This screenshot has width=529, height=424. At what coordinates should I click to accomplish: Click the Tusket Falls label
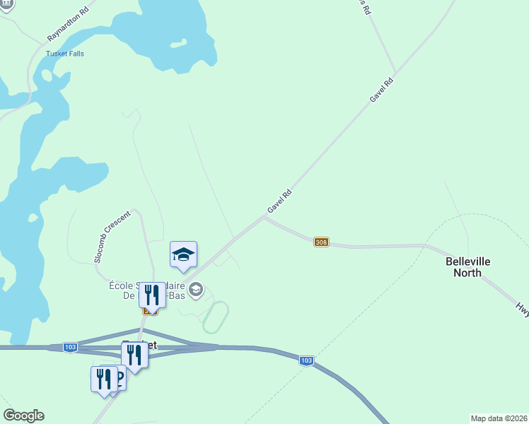tap(65, 54)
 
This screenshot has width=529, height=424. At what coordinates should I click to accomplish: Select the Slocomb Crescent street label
tap(112, 236)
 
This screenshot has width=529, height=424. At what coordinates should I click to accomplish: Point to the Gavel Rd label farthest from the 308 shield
tap(381, 90)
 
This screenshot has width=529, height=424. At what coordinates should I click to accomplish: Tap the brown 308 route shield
tap(322, 242)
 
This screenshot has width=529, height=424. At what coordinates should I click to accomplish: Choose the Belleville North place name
tap(467, 267)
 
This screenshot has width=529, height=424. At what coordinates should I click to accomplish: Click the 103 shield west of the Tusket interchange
tap(70, 348)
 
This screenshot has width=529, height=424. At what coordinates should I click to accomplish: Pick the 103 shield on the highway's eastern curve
tap(306, 360)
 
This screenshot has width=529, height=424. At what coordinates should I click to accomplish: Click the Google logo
tap(23, 416)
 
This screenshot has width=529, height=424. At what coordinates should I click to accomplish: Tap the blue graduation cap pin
tap(183, 255)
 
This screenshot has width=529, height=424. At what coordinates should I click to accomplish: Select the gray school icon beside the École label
tap(197, 289)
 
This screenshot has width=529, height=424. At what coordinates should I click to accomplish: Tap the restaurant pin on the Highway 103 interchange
tap(134, 356)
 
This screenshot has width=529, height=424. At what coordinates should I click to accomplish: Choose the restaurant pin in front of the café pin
tap(104, 379)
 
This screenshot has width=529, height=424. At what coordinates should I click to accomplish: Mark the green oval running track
tap(216, 317)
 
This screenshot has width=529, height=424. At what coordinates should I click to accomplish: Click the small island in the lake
tap(178, 44)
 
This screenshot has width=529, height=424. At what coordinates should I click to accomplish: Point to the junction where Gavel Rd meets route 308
tap(264, 217)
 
